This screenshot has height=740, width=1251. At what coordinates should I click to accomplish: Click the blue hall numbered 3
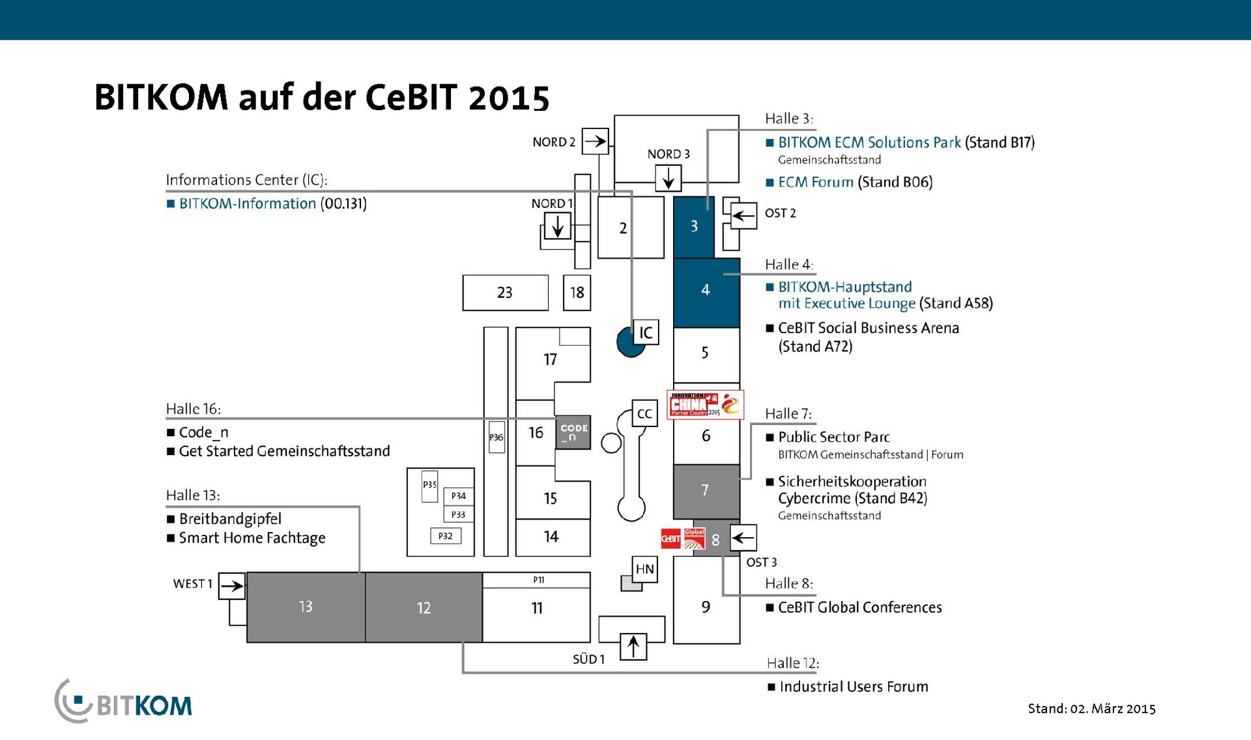pyautogui.click(x=693, y=226)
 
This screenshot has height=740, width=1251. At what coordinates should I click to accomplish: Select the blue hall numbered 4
pyautogui.click(x=706, y=292)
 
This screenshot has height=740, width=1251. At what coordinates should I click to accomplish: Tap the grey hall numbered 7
pyautogui.click(x=706, y=491)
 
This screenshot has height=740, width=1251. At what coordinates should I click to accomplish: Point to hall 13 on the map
pyautogui.click(x=306, y=607)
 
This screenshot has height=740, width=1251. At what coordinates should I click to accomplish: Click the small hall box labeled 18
pyautogui.click(x=577, y=293)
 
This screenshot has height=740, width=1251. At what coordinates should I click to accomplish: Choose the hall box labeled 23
pyautogui.click(x=505, y=293)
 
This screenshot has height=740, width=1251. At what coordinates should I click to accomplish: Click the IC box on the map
pyautogui.click(x=645, y=333)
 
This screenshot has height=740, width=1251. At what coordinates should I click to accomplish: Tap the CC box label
pyautogui.click(x=644, y=413)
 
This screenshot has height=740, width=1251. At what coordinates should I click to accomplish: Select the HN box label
pyautogui.click(x=644, y=569)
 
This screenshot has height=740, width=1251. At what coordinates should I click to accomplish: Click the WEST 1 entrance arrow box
pyautogui.click(x=231, y=585)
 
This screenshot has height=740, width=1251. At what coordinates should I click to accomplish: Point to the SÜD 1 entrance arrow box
pyautogui.click(x=633, y=646)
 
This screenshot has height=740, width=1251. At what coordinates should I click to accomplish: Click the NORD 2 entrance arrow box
pyautogui.click(x=595, y=141)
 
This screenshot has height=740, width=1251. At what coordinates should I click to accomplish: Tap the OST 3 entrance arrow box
pyautogui.click(x=743, y=538)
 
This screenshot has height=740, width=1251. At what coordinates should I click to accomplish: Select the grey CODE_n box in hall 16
pyautogui.click(x=573, y=432)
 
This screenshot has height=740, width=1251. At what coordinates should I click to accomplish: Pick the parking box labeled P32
pyautogui.click(x=446, y=536)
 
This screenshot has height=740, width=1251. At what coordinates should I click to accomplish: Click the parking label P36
pyautogui.click(x=496, y=437)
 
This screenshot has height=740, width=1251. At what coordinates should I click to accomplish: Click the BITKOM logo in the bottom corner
pyautogui.click(x=124, y=702)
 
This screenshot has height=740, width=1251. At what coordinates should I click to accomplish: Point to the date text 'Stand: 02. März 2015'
pyautogui.click(x=1091, y=709)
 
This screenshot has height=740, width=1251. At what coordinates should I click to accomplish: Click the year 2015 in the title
pyautogui.click(x=508, y=98)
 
